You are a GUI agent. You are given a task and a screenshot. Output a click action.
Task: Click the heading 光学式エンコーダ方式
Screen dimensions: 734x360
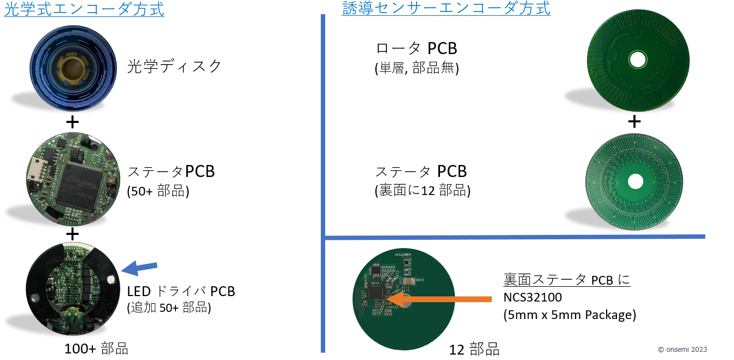click(84, 9)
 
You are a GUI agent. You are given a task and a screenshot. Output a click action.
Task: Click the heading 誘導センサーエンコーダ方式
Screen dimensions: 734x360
click(446, 8)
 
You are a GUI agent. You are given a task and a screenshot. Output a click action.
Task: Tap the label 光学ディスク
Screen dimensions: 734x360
click(174, 67)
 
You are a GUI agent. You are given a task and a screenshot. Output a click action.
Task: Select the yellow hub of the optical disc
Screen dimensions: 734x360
click(73, 68)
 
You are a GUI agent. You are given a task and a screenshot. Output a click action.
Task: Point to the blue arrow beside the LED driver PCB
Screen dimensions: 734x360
click(139, 268)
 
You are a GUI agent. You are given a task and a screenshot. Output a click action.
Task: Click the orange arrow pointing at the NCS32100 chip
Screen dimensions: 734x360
click(439, 298)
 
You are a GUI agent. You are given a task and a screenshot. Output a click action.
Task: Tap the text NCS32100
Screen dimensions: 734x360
click(532, 297)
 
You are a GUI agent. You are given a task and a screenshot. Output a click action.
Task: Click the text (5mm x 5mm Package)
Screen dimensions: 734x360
click(569, 315)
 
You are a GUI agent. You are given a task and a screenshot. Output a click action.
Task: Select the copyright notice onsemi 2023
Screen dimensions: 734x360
click(682, 350)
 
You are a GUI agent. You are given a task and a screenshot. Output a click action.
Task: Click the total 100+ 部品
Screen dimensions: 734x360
click(96, 349)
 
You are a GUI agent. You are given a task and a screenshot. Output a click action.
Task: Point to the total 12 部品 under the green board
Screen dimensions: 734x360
click(474, 350)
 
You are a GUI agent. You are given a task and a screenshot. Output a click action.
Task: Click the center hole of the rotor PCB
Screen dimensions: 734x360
click(638, 60)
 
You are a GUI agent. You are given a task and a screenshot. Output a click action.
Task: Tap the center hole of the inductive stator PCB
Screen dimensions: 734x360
click(636, 181)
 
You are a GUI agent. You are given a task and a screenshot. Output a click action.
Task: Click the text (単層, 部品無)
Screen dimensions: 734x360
click(417, 68)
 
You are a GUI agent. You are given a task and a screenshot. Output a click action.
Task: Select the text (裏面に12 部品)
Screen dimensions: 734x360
click(422, 190)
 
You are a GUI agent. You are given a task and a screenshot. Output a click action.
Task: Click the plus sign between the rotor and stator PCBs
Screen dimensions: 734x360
click(635, 121)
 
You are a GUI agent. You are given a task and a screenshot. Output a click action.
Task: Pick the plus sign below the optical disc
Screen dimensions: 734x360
click(73, 122)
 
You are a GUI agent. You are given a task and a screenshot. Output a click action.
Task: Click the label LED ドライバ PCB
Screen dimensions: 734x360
click(181, 291)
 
